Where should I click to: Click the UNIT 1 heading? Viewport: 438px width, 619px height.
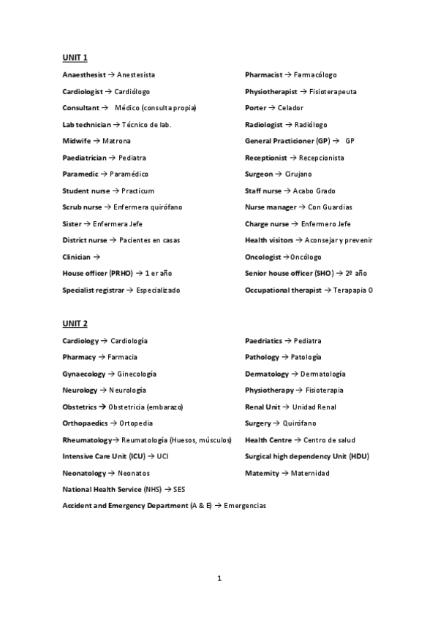pyautogui.click(x=75, y=57)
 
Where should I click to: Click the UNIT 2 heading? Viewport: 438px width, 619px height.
pyautogui.click(x=75, y=323)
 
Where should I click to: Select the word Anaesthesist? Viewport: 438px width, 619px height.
pyautogui.click(x=84, y=75)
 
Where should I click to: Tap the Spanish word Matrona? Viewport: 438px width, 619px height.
pyautogui.click(x=117, y=141)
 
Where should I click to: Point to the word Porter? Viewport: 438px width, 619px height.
pyautogui.click(x=256, y=108)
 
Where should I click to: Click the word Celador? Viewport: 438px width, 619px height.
pyautogui.click(x=290, y=108)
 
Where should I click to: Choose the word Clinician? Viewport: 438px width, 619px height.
pyautogui.click(x=77, y=257)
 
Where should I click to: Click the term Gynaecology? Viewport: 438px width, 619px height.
pyautogui.click(x=84, y=374)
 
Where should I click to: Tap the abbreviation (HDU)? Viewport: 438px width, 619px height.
pyautogui.click(x=359, y=456)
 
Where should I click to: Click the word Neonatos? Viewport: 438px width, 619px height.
pyautogui.click(x=134, y=473)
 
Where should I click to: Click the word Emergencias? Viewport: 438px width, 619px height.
pyautogui.click(x=245, y=506)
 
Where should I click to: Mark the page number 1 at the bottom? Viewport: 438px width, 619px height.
pyautogui.click(x=219, y=579)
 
